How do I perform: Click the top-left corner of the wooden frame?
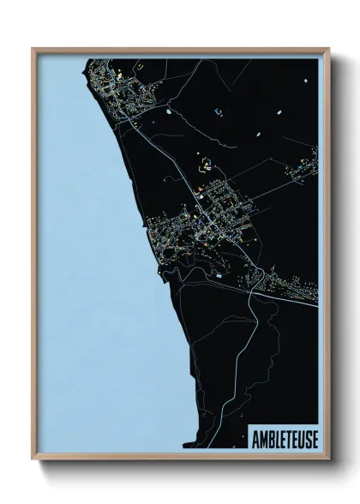point(33,49)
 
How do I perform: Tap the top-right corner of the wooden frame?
point(328,49)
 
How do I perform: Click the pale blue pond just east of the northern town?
point(218,111)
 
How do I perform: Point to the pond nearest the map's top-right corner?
point(305,81)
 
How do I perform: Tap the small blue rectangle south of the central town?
point(219,277)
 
